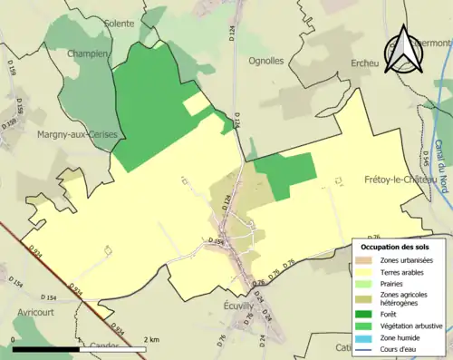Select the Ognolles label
click(x=265, y=61)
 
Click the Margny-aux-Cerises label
click(x=73, y=134)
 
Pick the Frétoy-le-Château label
click(x=404, y=180)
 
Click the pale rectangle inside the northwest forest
click(x=197, y=104)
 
